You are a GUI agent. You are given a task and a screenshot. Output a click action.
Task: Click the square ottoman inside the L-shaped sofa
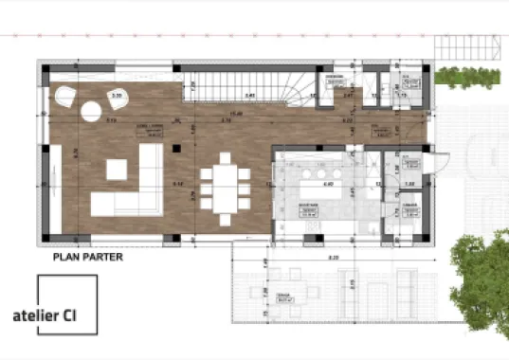117,170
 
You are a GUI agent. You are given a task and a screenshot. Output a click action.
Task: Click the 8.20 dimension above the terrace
334,257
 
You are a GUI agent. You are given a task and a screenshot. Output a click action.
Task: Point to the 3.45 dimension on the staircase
249,96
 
